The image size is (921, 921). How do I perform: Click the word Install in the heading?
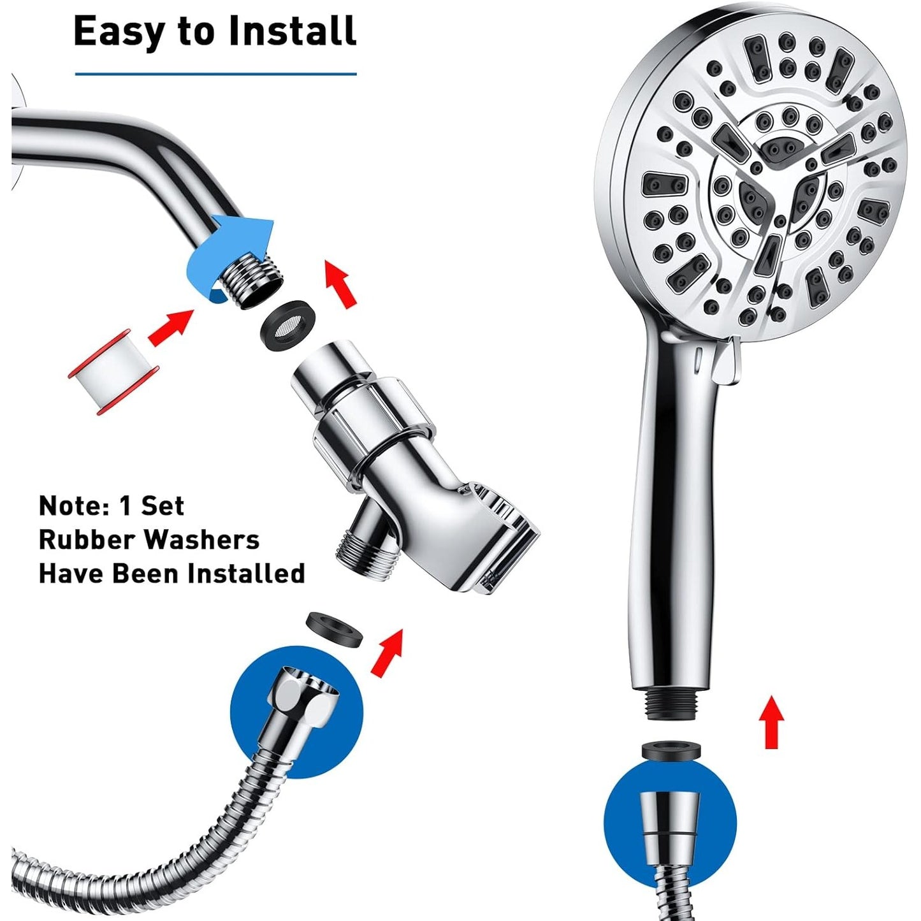[x=293, y=31]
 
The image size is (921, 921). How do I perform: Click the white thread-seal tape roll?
[x=113, y=371]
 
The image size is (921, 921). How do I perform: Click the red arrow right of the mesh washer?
[x=340, y=283]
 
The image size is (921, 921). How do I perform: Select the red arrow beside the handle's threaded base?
[x=771, y=722]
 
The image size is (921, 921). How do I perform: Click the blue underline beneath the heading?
[x=216, y=74]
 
